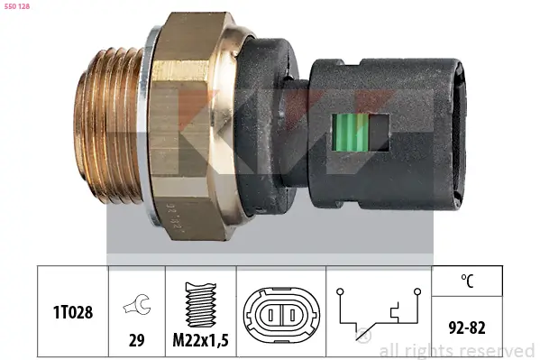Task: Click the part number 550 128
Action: tap(19, 7)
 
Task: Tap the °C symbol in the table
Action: tap(466, 281)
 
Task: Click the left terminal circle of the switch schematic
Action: tap(340, 291)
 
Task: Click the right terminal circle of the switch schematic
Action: tap(418, 291)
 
